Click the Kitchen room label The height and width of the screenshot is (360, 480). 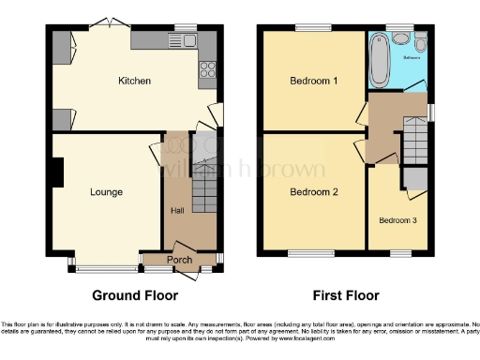click(x=134, y=81)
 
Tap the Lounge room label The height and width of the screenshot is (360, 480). click(x=106, y=192)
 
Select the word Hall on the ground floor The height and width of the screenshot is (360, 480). click(x=176, y=210)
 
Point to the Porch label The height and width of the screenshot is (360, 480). click(x=179, y=259)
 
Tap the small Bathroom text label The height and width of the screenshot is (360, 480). click(x=412, y=57)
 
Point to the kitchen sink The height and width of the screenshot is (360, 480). click(x=190, y=39)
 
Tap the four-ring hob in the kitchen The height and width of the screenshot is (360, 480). click(x=207, y=69)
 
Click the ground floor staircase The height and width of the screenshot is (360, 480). click(x=203, y=192)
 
